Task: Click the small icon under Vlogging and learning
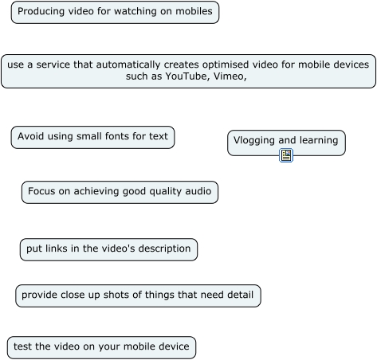(x=286, y=155)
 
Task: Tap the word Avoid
(x=29, y=136)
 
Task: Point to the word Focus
(x=41, y=191)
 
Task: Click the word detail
(x=240, y=295)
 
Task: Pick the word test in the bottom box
(x=22, y=346)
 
